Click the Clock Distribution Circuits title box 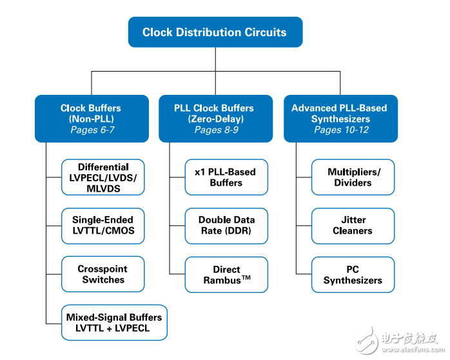(x=215, y=32)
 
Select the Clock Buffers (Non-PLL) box (x=92, y=119)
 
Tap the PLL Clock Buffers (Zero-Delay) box (x=215, y=119)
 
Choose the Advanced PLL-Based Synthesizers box (x=340, y=119)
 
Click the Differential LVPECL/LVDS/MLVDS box (x=103, y=177)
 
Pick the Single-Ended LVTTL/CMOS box (x=103, y=226)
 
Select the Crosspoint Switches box (x=103, y=274)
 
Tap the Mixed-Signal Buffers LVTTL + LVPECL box (x=114, y=323)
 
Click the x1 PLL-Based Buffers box (x=226, y=177)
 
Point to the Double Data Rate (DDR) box (x=226, y=226)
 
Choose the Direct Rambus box (x=226, y=275)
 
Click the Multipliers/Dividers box (x=353, y=177)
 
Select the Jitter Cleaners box (x=353, y=226)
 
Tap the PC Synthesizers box (x=353, y=275)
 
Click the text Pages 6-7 (x=92, y=130)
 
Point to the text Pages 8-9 (x=217, y=130)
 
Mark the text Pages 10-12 (x=341, y=130)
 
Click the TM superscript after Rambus (x=246, y=277)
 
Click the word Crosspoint (x=103, y=269)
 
